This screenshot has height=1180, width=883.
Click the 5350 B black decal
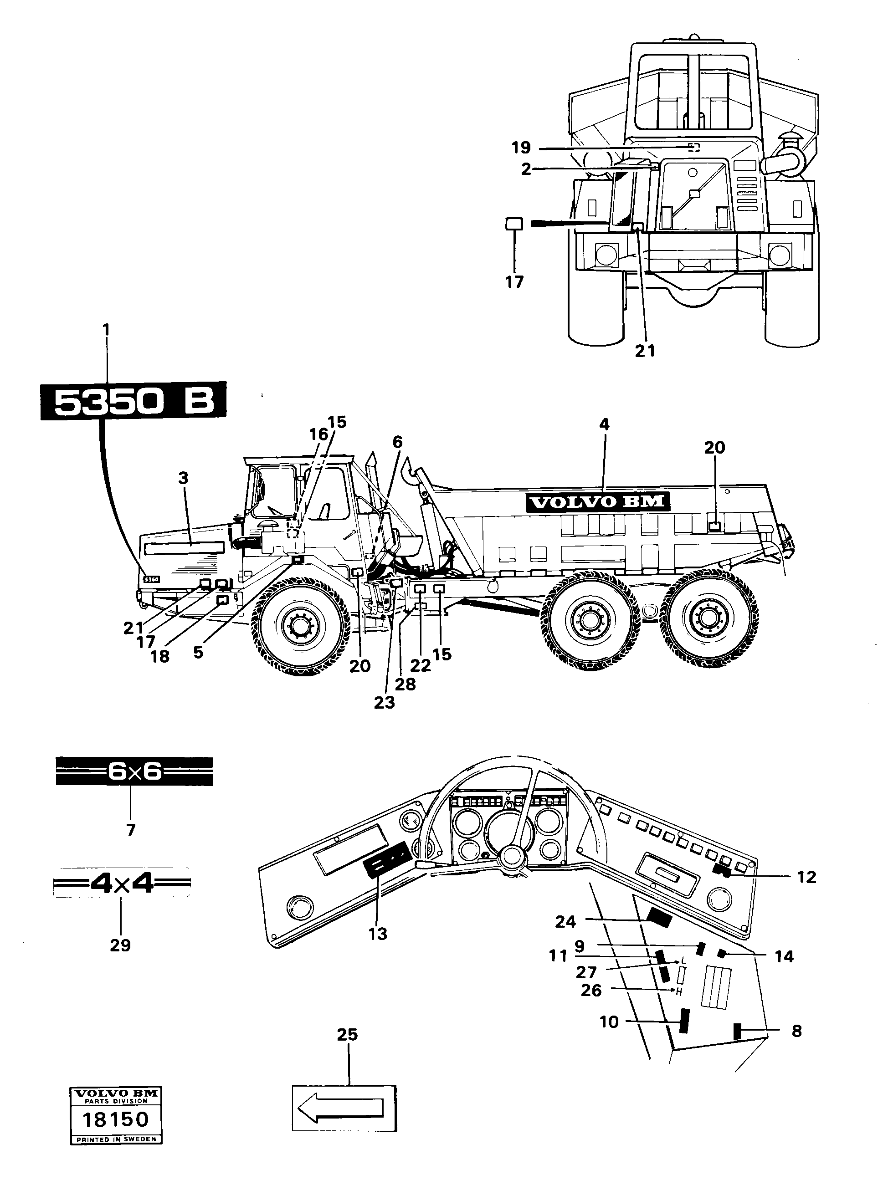coord(133,401)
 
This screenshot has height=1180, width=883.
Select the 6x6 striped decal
coord(134,771)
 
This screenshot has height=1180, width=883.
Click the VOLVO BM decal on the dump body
coord(598,502)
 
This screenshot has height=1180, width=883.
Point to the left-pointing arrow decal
coord(344,1108)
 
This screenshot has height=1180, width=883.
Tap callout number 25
coord(347,1034)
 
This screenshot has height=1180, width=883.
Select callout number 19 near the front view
coord(521,148)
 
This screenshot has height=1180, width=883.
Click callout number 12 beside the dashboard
coord(806,877)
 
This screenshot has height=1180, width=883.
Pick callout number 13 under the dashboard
coord(378,934)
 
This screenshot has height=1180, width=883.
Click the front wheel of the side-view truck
coord(300,624)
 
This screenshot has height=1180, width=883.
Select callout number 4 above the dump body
coord(604,424)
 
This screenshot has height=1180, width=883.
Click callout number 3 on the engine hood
coord(184,478)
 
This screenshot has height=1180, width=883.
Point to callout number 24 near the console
coord(565,921)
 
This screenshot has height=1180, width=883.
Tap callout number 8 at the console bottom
coord(796,1031)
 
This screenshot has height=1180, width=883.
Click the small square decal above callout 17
coord(514,224)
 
